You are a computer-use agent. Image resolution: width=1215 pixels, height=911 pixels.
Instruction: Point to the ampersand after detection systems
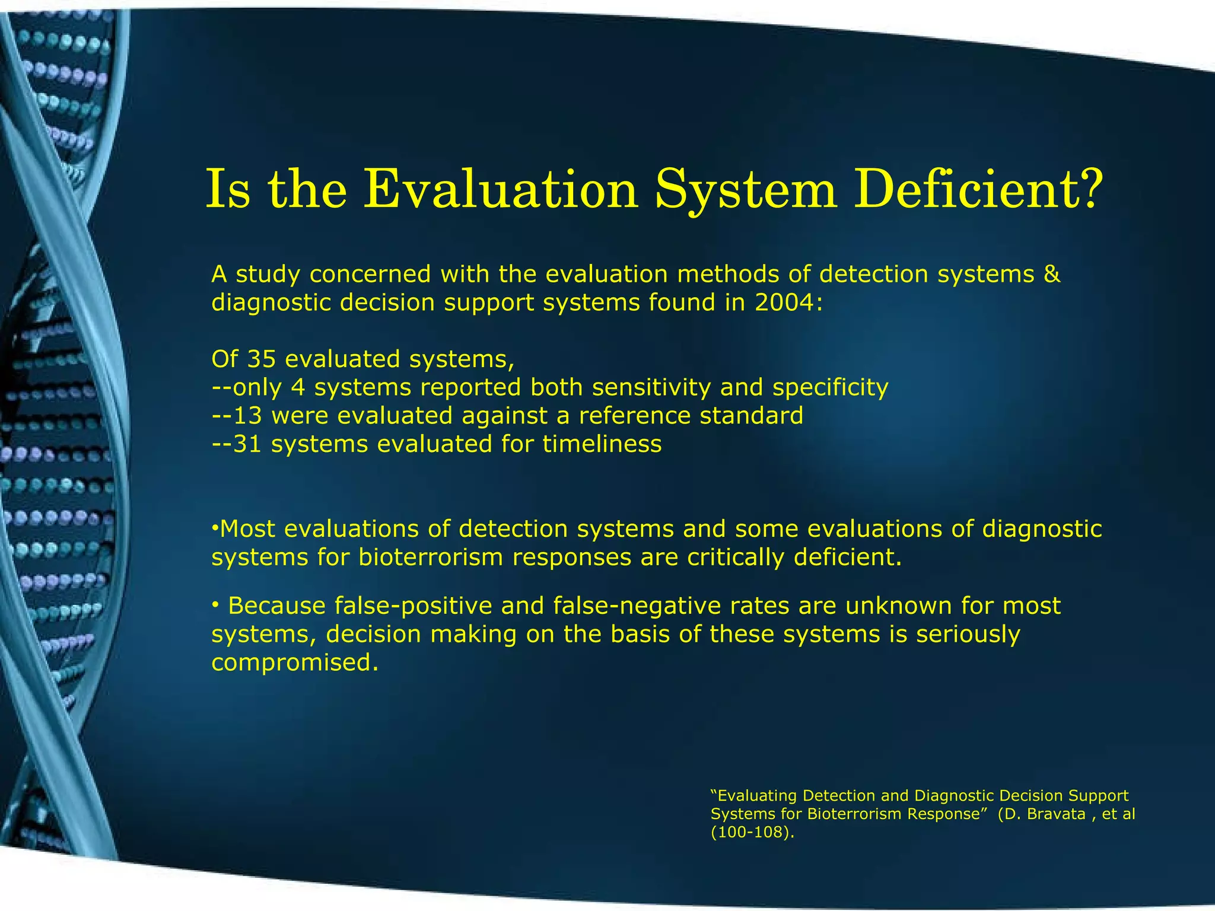pos(1051,275)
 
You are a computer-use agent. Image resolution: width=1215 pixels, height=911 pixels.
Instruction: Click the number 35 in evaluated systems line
pos(261,359)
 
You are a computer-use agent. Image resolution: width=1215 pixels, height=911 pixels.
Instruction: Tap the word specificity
pos(830,388)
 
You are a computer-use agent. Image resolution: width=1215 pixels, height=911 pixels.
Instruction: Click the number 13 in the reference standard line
pos(247,416)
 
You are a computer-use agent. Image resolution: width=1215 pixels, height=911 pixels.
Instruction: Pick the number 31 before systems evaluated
pos(247,444)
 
